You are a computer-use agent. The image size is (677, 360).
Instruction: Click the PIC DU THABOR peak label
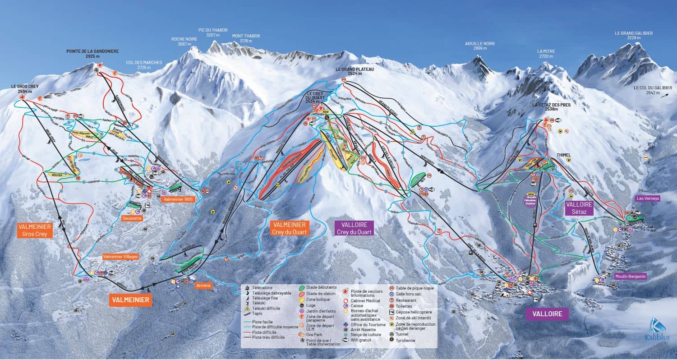(213, 32)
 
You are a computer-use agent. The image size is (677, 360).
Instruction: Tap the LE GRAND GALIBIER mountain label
(634, 36)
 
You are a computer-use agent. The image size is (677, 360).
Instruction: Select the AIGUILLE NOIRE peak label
(480, 46)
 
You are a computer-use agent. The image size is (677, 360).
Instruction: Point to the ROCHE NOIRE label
(184, 42)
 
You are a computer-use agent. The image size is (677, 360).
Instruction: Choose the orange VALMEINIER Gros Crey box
(35, 230)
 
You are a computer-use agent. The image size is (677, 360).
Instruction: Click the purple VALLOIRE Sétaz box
(579, 208)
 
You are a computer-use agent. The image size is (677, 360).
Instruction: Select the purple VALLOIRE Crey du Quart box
(354, 228)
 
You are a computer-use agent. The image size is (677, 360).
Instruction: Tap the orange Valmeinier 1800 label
(178, 199)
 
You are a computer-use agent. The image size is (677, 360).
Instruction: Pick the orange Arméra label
(203, 285)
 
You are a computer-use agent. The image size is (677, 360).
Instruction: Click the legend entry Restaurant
(406, 300)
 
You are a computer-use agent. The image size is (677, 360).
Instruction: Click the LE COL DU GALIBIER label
(652, 91)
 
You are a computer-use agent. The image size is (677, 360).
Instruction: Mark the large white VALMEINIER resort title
(130, 300)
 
